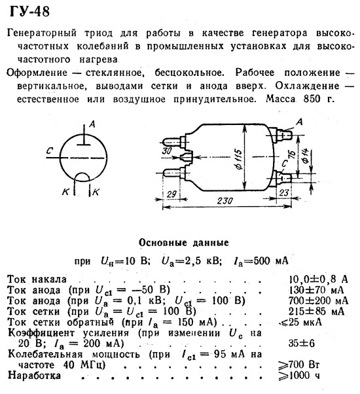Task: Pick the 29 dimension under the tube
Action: point(171,194)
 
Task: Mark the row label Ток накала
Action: point(37,279)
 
